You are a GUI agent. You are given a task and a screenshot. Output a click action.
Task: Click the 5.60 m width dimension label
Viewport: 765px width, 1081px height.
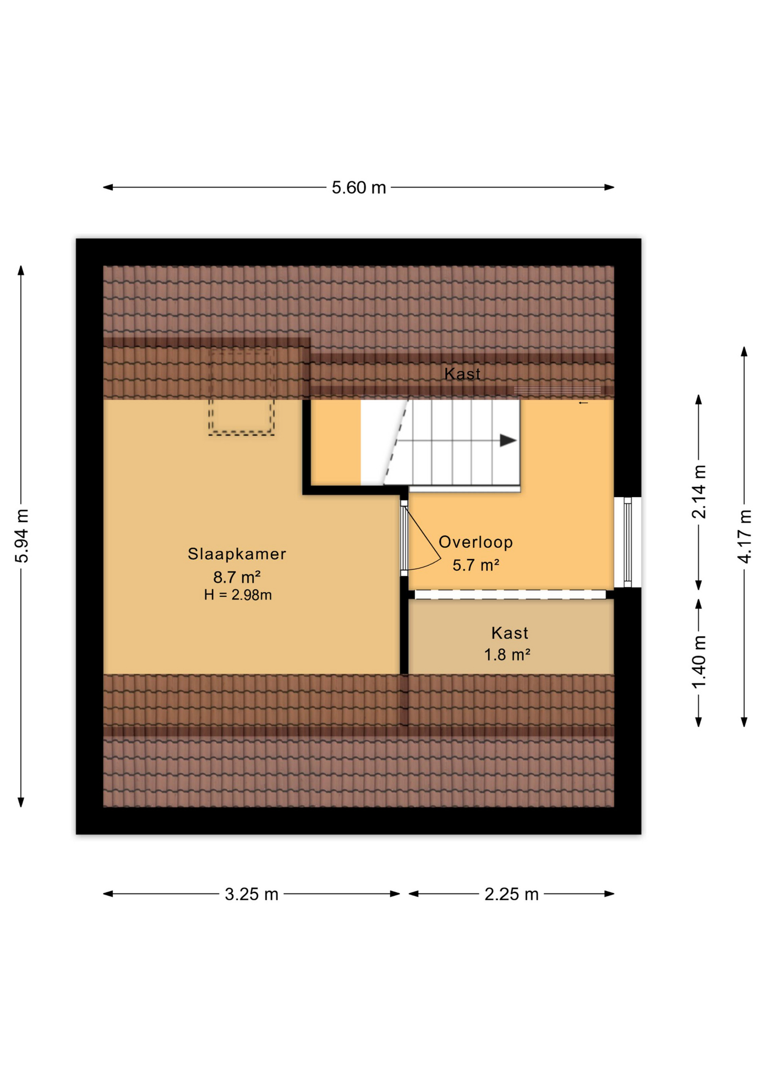click(x=358, y=187)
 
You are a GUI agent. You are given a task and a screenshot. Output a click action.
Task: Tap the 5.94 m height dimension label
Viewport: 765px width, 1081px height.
click(x=22, y=536)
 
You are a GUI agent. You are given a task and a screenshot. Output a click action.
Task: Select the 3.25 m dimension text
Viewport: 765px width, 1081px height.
click(x=251, y=894)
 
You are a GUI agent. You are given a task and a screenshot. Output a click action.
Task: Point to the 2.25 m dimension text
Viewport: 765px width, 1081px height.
click(x=512, y=894)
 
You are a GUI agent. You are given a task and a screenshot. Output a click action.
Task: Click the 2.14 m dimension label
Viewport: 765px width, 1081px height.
click(x=699, y=492)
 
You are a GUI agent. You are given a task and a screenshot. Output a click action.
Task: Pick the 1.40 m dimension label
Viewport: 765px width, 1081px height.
click(x=699, y=662)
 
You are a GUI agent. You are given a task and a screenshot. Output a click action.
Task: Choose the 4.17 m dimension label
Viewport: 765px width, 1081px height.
click(x=744, y=536)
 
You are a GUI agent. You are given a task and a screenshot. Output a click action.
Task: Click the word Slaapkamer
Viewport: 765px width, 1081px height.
click(x=237, y=554)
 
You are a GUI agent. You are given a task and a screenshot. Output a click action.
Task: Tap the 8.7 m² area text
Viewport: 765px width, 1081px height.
click(x=237, y=577)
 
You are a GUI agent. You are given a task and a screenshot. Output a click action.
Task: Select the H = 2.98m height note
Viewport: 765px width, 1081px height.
click(x=238, y=595)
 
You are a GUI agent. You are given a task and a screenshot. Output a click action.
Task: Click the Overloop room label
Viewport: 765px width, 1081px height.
click(x=475, y=542)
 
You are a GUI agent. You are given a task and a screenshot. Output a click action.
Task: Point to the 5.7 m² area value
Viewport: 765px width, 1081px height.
click(x=476, y=565)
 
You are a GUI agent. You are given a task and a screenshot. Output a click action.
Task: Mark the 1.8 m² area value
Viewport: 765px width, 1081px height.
click(x=507, y=655)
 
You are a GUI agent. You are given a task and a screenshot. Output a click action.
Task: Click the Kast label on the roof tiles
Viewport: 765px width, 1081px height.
click(x=462, y=374)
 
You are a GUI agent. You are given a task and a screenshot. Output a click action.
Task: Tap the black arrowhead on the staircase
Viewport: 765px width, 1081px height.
click(x=508, y=441)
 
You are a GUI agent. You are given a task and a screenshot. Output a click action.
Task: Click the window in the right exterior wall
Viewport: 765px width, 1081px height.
click(x=627, y=542)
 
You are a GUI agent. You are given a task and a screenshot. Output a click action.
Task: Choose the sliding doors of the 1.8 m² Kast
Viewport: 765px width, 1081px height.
click(x=510, y=595)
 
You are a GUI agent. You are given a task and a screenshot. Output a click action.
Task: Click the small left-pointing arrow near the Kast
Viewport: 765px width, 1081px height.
click(x=583, y=403)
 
